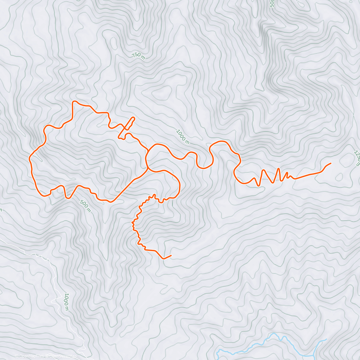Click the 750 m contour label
[x=138, y=56]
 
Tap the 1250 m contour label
[x=357, y=158]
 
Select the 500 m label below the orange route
[x=85, y=206]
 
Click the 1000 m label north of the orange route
[x=183, y=136]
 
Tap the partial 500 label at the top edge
[x=272, y=3]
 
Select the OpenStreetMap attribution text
[x=63, y=356]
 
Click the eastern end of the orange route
[x=331, y=163]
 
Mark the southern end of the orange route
[x=171, y=255]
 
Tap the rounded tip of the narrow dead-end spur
[x=133, y=118]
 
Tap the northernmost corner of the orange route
[x=73, y=102]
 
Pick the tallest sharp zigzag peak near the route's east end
[x=279, y=169]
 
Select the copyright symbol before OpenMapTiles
[x=16, y=356]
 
